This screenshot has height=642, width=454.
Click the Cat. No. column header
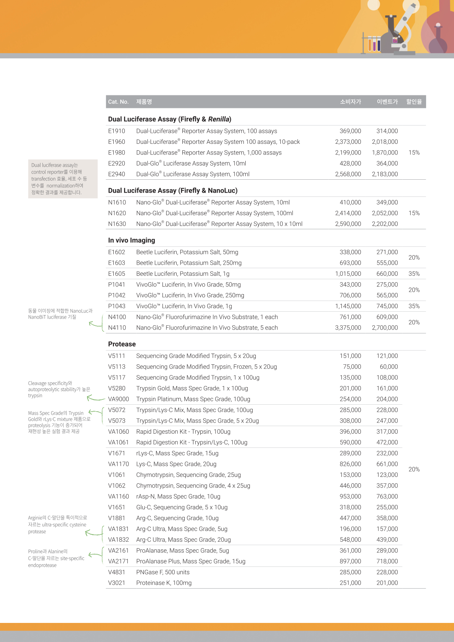pos(118,102)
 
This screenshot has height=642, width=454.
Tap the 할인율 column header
pos(414,102)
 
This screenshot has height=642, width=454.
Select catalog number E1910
pos(116,131)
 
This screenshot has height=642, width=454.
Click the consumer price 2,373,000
pos(348,142)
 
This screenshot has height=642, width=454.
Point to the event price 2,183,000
pos(385,174)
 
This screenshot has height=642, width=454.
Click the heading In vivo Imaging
pos(132,240)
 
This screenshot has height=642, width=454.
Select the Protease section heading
pos(122,344)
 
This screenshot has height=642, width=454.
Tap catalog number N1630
pos(117,224)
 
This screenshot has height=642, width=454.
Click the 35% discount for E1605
pos(414,274)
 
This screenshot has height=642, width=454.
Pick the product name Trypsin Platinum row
pos(193,399)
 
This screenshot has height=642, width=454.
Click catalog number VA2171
pos(118,561)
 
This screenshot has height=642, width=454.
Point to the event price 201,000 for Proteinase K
pos(387,583)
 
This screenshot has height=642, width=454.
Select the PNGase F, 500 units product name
pos(163,572)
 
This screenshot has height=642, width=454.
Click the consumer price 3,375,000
pos(348,328)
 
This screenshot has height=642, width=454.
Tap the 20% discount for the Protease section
pos(414,469)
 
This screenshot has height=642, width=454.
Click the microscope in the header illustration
pos(401,31)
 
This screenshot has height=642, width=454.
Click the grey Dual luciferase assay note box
pos(63,179)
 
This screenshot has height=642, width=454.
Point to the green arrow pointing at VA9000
pos(95,399)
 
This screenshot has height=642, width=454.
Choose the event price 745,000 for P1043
pos(387,306)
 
